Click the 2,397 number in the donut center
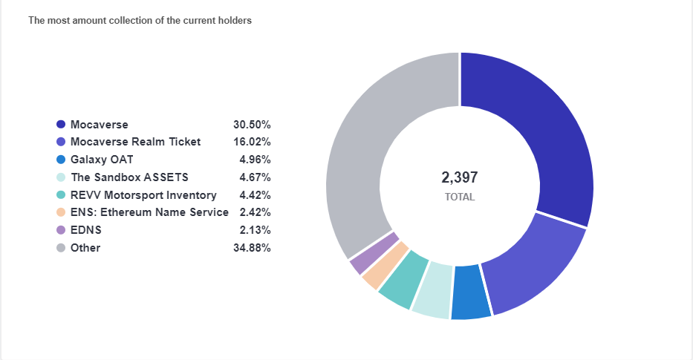click(x=459, y=177)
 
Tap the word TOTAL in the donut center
click(x=459, y=197)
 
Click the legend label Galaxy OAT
click(x=102, y=160)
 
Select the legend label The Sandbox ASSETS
click(x=129, y=177)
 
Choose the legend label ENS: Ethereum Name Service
click(x=149, y=213)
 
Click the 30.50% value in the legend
click(x=252, y=125)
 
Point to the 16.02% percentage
click(x=252, y=142)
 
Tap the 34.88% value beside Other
click(x=252, y=248)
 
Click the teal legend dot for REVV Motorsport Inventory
click(x=61, y=195)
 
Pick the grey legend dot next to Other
click(x=61, y=248)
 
